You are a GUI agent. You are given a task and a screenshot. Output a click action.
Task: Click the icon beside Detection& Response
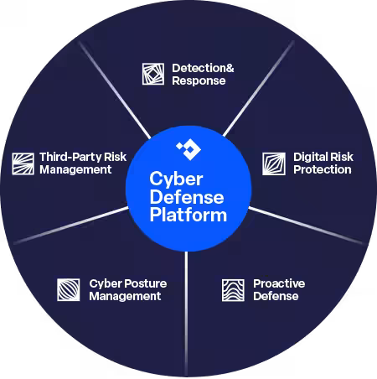153,74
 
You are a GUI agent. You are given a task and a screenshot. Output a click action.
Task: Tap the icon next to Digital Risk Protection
274,164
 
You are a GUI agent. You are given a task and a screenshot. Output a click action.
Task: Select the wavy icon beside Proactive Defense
233,290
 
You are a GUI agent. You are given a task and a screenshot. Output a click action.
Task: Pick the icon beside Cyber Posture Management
69,290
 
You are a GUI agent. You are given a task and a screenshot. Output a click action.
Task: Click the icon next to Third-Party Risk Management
23,164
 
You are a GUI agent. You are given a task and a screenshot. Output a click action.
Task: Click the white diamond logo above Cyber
188,149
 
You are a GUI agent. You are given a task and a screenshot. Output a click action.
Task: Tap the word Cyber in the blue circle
176,179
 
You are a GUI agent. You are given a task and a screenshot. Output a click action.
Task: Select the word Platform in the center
188,215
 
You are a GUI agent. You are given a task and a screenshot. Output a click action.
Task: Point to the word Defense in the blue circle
187,197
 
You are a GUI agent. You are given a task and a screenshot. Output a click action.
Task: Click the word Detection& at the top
203,68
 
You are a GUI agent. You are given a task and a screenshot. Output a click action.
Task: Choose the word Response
199,80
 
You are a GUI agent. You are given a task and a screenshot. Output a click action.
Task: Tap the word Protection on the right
323,169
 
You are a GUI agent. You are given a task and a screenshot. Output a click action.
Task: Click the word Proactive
279,283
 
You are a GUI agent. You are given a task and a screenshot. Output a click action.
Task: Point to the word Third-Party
70,157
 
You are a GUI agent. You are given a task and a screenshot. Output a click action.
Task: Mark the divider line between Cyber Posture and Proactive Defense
186,314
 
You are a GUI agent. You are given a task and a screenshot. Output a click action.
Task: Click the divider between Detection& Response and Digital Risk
258,89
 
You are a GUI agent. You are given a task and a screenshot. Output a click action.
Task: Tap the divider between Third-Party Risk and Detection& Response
115,90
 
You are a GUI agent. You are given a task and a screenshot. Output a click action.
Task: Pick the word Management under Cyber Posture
125,296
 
